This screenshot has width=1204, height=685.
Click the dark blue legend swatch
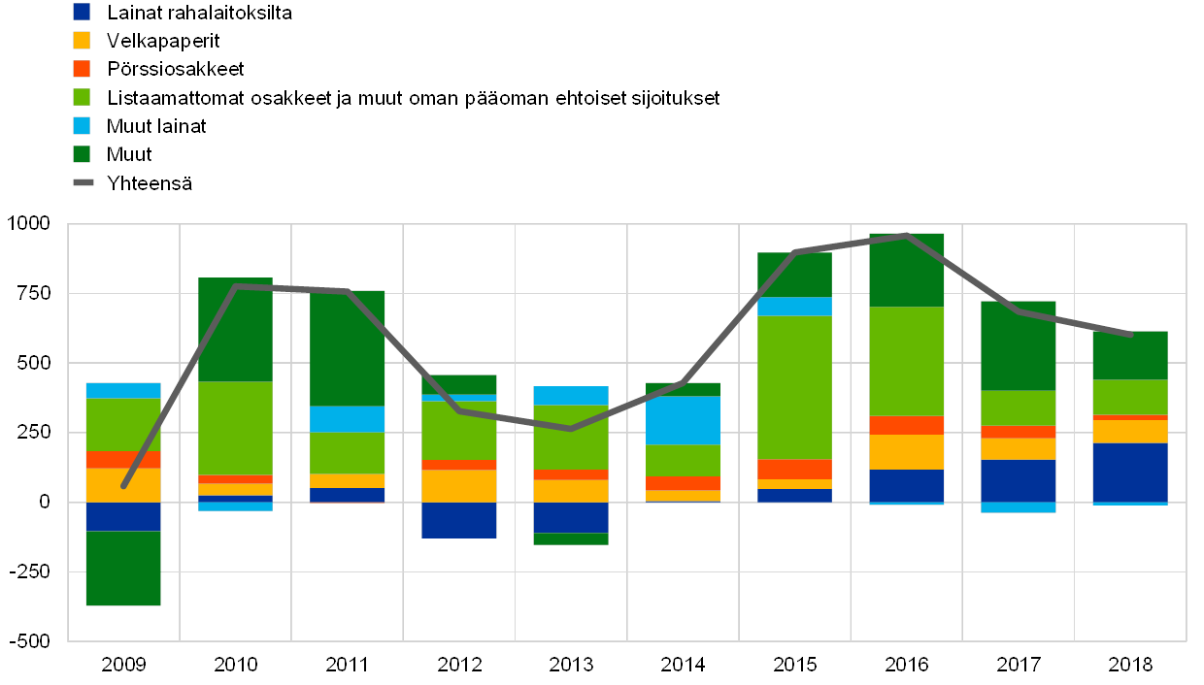tap(82, 13)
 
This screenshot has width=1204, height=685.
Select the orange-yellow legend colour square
tap(82, 41)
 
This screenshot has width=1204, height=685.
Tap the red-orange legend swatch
tap(82, 69)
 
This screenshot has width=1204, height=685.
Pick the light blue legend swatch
tap(82, 126)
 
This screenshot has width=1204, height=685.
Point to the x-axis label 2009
tap(123, 665)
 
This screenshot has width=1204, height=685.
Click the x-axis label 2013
tap(571, 665)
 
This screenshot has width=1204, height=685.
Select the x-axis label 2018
tap(1130, 665)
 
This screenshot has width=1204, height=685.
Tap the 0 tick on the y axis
tap(45, 503)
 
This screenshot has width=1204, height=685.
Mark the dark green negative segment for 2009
tap(123, 568)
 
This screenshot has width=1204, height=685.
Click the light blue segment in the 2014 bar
tap(683, 420)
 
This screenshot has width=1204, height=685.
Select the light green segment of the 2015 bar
tap(794, 387)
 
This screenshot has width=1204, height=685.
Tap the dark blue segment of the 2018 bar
tap(1130, 473)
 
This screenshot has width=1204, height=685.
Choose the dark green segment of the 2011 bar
tap(347, 348)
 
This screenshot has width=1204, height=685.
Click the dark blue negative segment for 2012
tap(458, 520)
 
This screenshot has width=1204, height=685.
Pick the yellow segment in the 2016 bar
tap(906, 452)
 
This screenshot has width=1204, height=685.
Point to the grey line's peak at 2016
tap(906, 236)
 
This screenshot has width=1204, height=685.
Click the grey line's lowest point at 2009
tap(124, 485)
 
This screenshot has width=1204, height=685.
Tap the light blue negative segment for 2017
tap(1018, 507)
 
